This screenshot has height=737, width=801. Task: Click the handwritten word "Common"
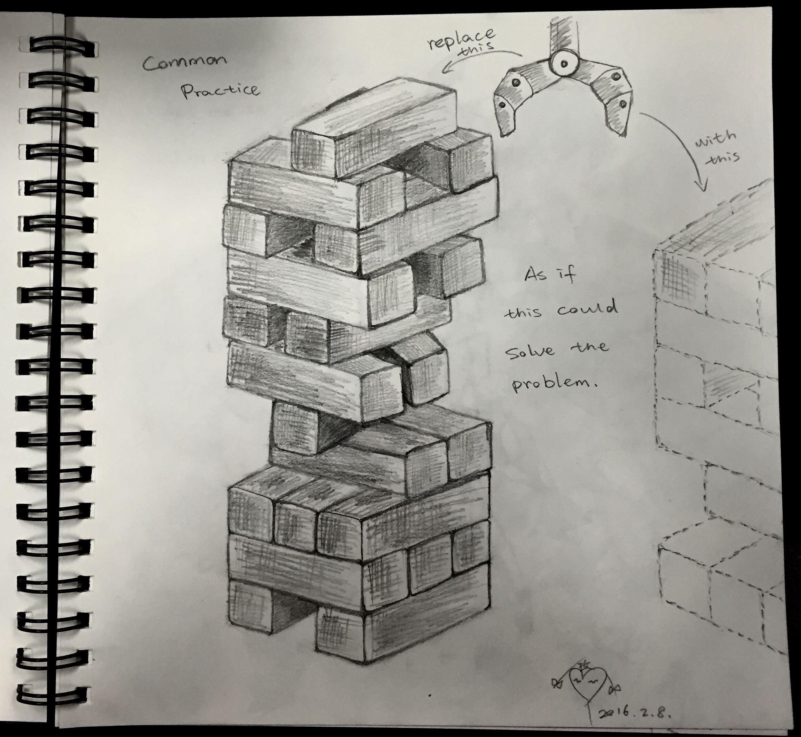(185, 62)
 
